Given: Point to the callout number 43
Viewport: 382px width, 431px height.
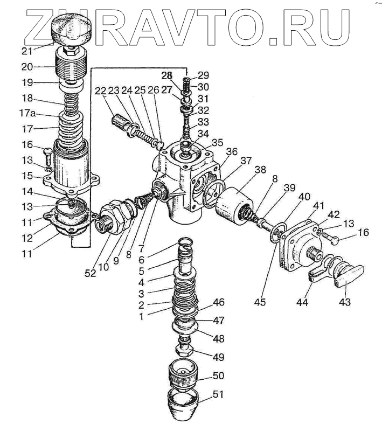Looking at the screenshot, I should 344,302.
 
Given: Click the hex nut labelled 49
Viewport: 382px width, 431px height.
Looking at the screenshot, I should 186,352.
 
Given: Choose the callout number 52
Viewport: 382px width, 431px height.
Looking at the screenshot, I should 90,273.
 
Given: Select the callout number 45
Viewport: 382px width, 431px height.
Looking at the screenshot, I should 260,302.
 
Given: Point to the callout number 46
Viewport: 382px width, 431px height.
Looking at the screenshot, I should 219,302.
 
